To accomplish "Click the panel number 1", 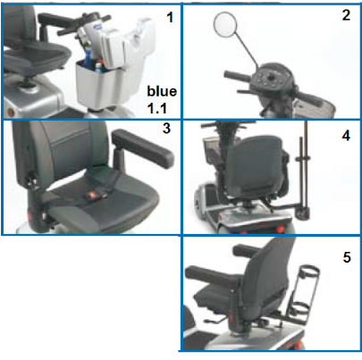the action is pos(170,17).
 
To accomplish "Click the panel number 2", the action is pos(346,15).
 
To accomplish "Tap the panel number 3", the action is pos(166,129).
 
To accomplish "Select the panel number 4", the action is pos(346,136).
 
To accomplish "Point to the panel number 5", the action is pos(347,257).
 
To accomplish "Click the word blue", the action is pos(162,91).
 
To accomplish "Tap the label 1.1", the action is pos(157,108).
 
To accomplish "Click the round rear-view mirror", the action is pos(225,24).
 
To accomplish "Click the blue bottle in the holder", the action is pos(88,59).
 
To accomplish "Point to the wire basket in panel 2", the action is pos(315,106).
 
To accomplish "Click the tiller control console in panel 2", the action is pos(271,77).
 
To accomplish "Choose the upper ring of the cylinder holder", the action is pos(309,272).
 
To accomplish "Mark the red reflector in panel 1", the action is pos(11,113).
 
